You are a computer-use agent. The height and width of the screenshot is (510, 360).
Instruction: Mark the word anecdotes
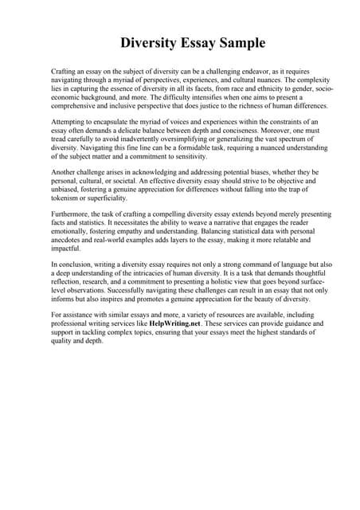(x=69, y=242)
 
